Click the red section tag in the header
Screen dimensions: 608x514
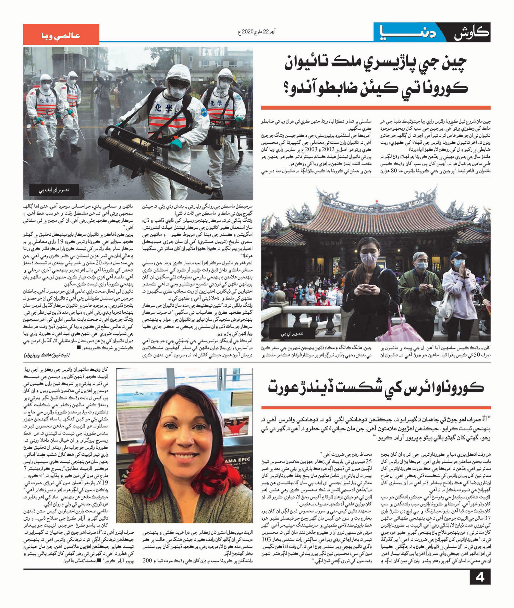61,35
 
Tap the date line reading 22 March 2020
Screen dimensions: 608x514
257,32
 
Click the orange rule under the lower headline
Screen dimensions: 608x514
376,408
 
